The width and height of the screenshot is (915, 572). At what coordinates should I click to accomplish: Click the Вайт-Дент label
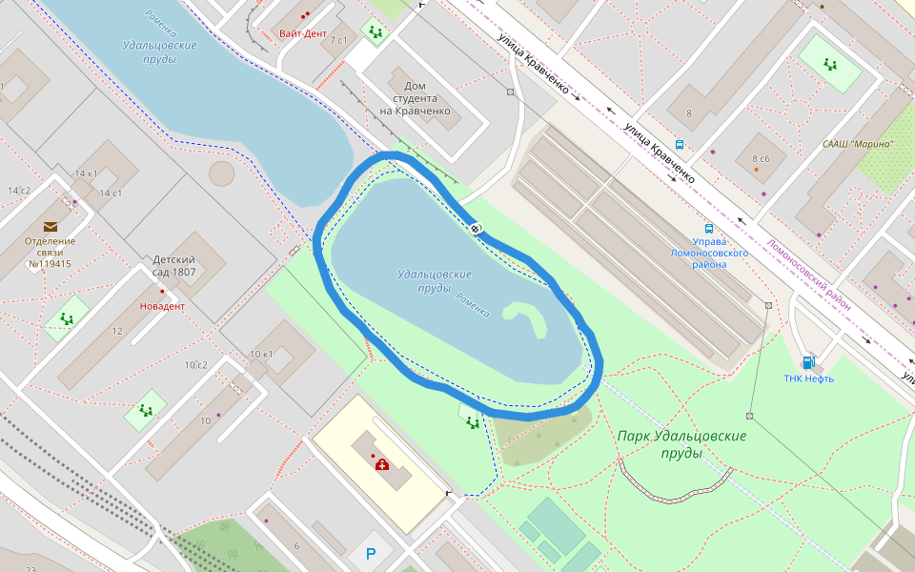pyautogui.click(x=302, y=33)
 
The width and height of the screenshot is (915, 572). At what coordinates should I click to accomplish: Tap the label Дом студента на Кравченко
pyautogui.click(x=415, y=98)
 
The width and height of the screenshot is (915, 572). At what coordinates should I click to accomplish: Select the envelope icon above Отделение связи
pyautogui.click(x=50, y=227)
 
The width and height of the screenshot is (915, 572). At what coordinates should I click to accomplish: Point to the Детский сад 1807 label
pyautogui.click(x=174, y=265)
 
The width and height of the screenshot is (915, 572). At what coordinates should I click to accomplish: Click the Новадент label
pyautogui.click(x=162, y=306)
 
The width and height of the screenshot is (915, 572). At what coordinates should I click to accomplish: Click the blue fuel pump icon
pyautogui.click(x=808, y=362)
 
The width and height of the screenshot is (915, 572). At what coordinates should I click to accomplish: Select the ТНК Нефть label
pyautogui.click(x=808, y=378)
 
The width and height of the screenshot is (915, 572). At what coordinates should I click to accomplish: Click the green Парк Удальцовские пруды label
pyautogui.click(x=681, y=443)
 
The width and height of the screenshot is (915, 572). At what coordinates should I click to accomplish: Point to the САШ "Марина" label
pyautogui.click(x=858, y=144)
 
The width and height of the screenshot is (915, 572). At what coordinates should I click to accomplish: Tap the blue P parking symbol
pyautogui.click(x=371, y=554)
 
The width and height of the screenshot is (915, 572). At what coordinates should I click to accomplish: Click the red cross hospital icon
pyautogui.click(x=382, y=464)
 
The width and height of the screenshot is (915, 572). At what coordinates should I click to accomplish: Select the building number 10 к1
pyautogui.click(x=261, y=355)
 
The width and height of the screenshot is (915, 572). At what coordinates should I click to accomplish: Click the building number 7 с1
pyautogui.click(x=338, y=40)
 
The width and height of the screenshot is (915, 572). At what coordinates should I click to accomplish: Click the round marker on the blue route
pyautogui.click(x=476, y=228)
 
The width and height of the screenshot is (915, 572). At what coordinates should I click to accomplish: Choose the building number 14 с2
pyautogui.click(x=19, y=191)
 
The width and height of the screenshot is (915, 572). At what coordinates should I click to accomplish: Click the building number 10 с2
pyautogui.click(x=196, y=365)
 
